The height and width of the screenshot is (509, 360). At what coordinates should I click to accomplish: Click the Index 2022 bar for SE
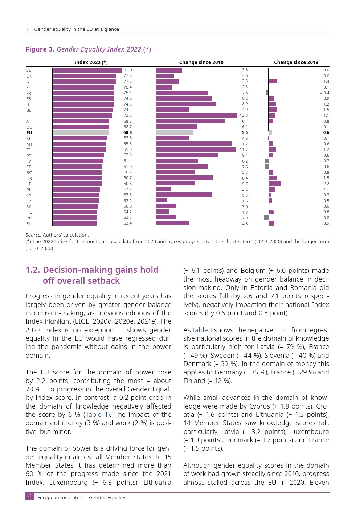coord(87,70)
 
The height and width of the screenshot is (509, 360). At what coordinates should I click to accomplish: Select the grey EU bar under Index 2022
coord(81,133)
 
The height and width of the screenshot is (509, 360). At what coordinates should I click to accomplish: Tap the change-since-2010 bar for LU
coord(197,115)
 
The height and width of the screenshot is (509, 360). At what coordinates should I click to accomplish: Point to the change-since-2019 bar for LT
coord(275,184)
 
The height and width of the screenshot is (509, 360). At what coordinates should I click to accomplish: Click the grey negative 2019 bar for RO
coord(266,218)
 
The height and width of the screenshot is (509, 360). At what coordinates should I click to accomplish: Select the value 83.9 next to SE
coord(128,70)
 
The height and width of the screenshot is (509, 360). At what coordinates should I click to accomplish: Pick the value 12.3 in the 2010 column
coord(244,115)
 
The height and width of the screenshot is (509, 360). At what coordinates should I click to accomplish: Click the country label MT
coord(29,144)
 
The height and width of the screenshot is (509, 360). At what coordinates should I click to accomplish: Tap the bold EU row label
coord(29,133)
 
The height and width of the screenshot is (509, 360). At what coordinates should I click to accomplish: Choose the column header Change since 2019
coord(296,62)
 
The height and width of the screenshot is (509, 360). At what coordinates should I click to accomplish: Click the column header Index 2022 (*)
coord(91,62)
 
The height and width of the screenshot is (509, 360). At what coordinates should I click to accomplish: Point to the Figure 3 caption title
coord(88,49)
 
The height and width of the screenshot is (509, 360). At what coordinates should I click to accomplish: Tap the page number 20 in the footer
coord(30,496)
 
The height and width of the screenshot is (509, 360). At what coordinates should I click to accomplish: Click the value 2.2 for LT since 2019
coord(326,184)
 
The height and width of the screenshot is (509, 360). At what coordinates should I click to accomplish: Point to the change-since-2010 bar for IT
coord(196,149)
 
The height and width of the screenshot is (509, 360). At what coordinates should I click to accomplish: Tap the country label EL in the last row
coord(29,224)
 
